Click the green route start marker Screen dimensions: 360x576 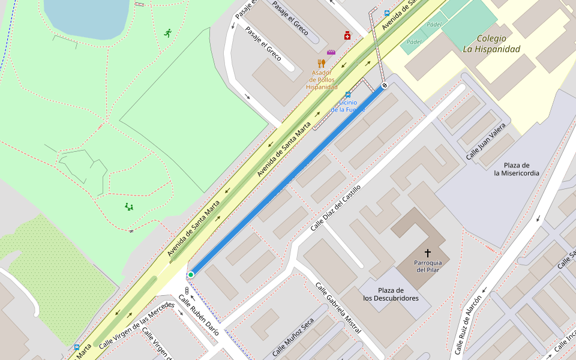click(x=191, y=275)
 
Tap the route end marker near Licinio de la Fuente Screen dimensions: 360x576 click(x=385, y=86)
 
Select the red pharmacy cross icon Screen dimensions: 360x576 click(x=347, y=36)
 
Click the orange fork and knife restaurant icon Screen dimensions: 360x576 click(x=322, y=63)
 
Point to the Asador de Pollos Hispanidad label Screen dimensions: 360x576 click(x=322, y=80)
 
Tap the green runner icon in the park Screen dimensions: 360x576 click(x=167, y=33)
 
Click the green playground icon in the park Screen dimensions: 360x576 click(x=129, y=207)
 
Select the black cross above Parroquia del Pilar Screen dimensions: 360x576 click(x=428, y=253)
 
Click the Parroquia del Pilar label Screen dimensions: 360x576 click(x=428, y=266)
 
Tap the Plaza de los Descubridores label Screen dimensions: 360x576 click(x=391, y=294)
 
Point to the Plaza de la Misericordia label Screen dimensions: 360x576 click(x=516, y=169)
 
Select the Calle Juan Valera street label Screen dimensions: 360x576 click(x=486, y=142)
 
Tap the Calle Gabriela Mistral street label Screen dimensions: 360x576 click(x=338, y=308)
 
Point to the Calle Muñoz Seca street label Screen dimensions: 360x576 click(x=293, y=337)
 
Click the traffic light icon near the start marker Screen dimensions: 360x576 click(x=187, y=291)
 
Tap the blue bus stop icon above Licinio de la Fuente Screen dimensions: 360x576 click(x=348, y=94)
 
